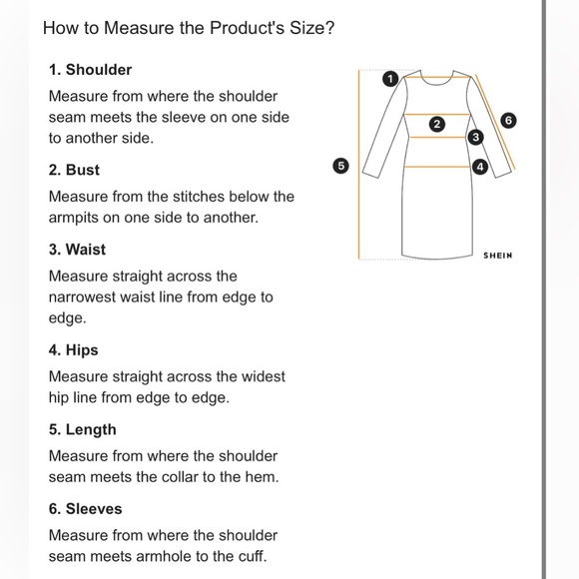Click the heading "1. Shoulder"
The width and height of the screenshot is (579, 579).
90,70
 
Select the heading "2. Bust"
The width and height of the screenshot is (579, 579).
74,170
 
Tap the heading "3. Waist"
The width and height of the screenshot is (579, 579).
77,250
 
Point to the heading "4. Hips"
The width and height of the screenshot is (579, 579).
74,350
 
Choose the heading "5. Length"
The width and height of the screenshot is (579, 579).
82,430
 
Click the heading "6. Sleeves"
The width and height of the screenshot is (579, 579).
85,509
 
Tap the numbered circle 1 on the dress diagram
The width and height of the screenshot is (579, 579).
390,79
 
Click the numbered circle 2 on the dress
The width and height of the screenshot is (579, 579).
437,124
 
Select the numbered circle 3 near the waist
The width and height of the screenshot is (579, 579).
475,138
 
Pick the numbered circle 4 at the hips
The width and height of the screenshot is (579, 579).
480,167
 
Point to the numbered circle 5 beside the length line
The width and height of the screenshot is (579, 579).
340,166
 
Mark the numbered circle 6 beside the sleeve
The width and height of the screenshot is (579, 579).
508,121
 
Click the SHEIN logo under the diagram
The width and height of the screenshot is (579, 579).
498,256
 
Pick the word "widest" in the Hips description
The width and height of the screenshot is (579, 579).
264,376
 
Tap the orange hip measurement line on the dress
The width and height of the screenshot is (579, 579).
438,167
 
